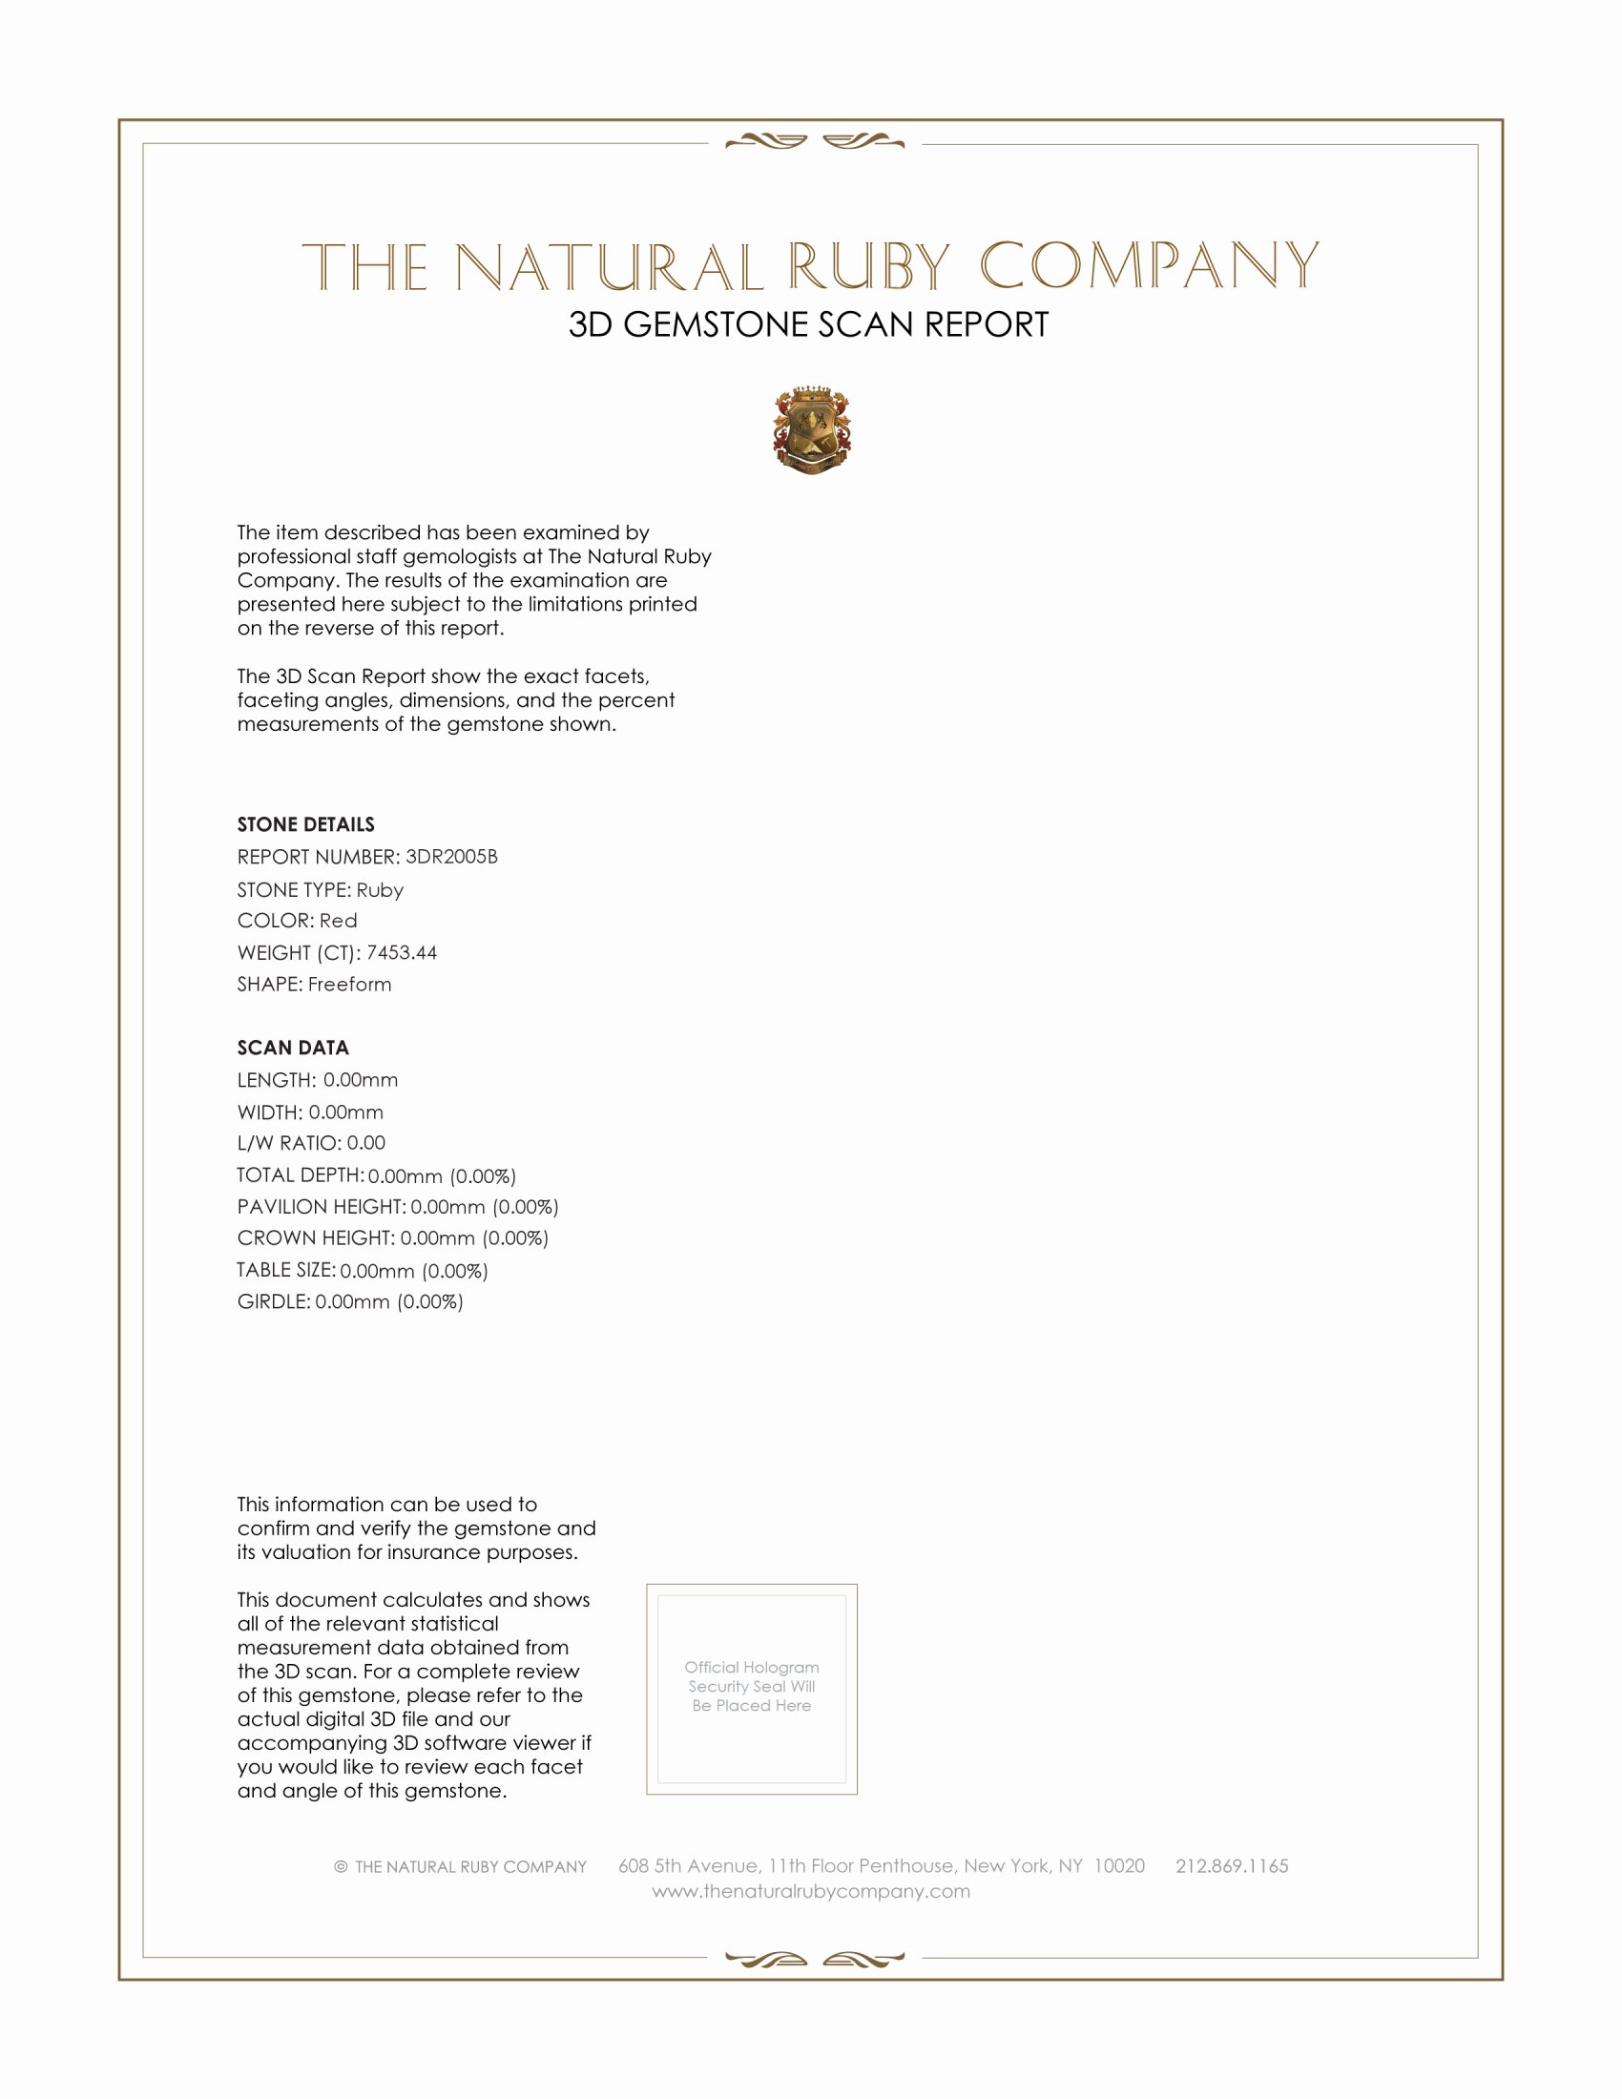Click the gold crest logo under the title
pos(812,429)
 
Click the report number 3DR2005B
pos(450,857)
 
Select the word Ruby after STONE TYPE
pos(380,890)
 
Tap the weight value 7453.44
pos(402,952)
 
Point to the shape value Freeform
pos(350,985)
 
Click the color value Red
pos(339,921)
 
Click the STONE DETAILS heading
pos(305,824)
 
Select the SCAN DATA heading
pos(293,1048)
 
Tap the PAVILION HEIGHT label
pos(321,1206)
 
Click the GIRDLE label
pos(273,1301)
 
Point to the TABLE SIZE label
pos(285,1270)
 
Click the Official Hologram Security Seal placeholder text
pos(752,1686)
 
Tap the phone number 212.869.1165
pos(1232,1865)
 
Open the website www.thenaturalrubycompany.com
pos(811,1890)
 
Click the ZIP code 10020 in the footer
pos(1119,1865)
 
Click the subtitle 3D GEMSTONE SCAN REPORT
pos(808,323)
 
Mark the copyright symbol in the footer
pos(341,1866)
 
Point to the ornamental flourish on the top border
pos(815,142)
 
